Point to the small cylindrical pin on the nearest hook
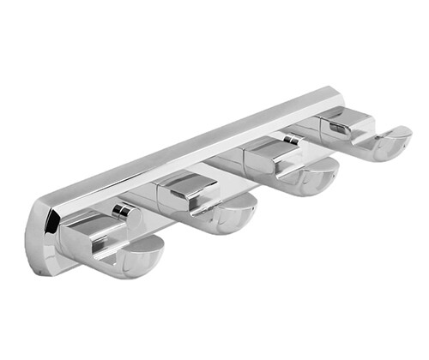(x=124, y=211)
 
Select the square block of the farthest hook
(x=346, y=123)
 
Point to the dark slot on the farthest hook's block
(x=340, y=129)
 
